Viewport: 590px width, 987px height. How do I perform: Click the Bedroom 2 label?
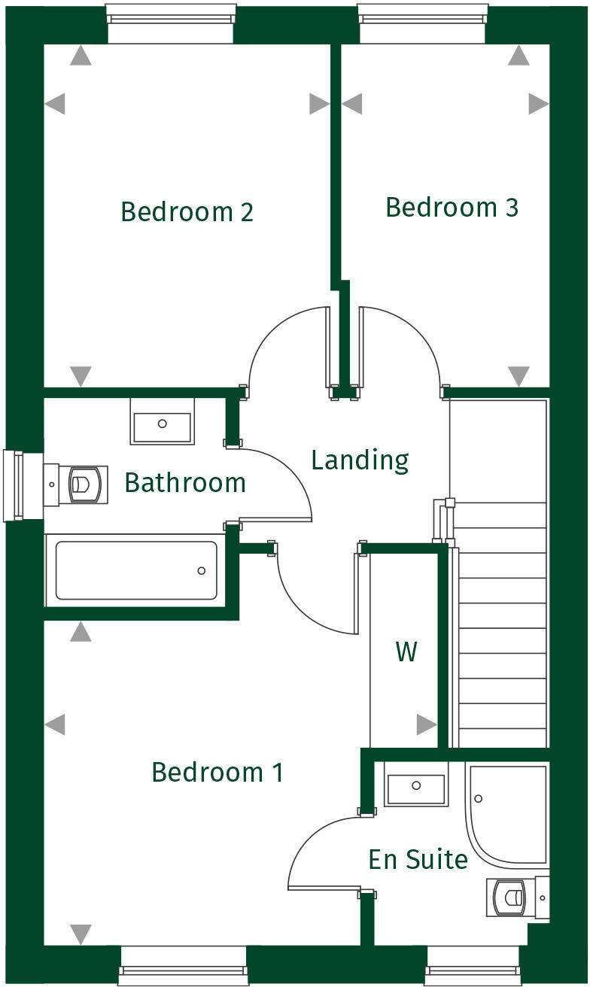point(187,211)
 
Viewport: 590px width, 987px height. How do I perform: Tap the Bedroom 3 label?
point(452,207)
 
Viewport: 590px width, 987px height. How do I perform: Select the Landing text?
point(360,460)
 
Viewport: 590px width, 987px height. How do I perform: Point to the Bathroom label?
point(185,482)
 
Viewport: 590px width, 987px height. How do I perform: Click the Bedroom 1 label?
point(217,772)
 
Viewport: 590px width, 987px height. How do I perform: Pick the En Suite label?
point(418,858)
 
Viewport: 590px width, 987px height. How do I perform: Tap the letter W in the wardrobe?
point(406,652)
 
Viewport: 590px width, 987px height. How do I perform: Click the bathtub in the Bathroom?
point(136,570)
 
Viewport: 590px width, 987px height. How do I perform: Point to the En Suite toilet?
point(515,897)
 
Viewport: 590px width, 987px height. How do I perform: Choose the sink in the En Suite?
point(415,785)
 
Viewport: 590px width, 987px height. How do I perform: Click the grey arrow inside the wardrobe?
point(426,725)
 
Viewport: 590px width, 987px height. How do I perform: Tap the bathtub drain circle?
point(201,571)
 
